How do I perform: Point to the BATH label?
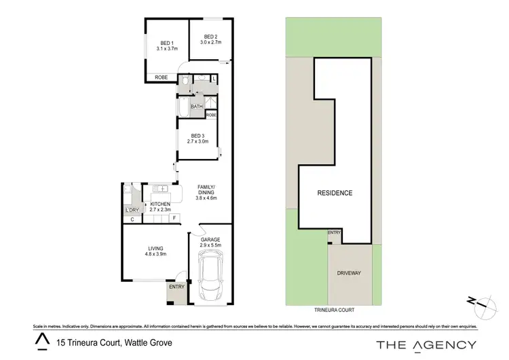click(x=196, y=107)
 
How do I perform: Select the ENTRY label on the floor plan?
click(x=176, y=287)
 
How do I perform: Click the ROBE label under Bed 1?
click(x=162, y=77)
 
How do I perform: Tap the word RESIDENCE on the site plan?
click(x=335, y=193)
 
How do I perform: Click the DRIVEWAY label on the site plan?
click(x=350, y=273)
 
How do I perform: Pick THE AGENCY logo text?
click(x=426, y=344)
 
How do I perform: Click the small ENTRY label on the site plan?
click(x=334, y=233)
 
